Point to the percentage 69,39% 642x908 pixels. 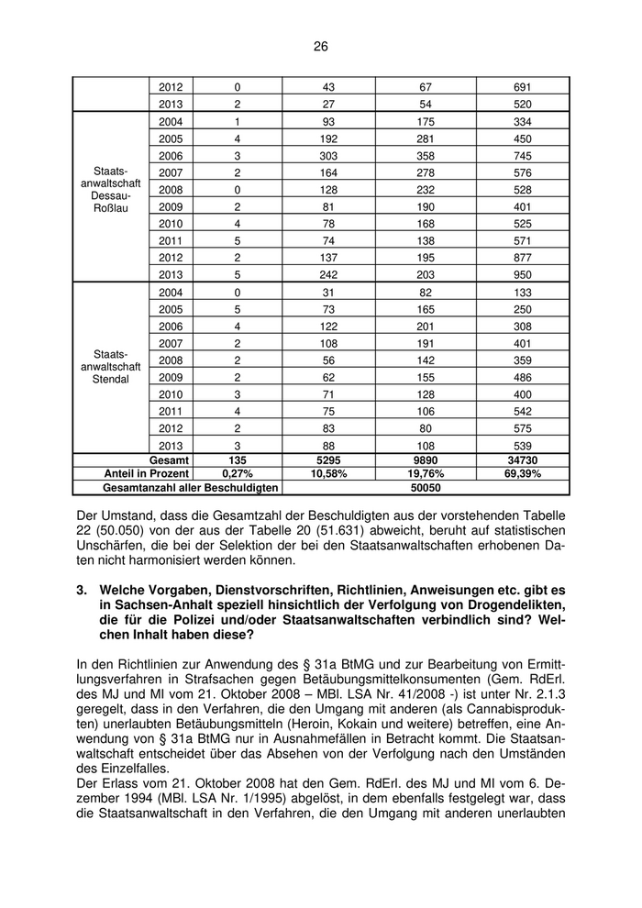pyautogui.click(x=523, y=474)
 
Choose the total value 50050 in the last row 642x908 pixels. pyautogui.click(x=426, y=488)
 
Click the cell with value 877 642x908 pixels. pyautogui.click(x=523, y=258)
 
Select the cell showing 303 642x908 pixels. pyautogui.click(x=328, y=156)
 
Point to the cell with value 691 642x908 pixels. pyautogui.click(x=523, y=87)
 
